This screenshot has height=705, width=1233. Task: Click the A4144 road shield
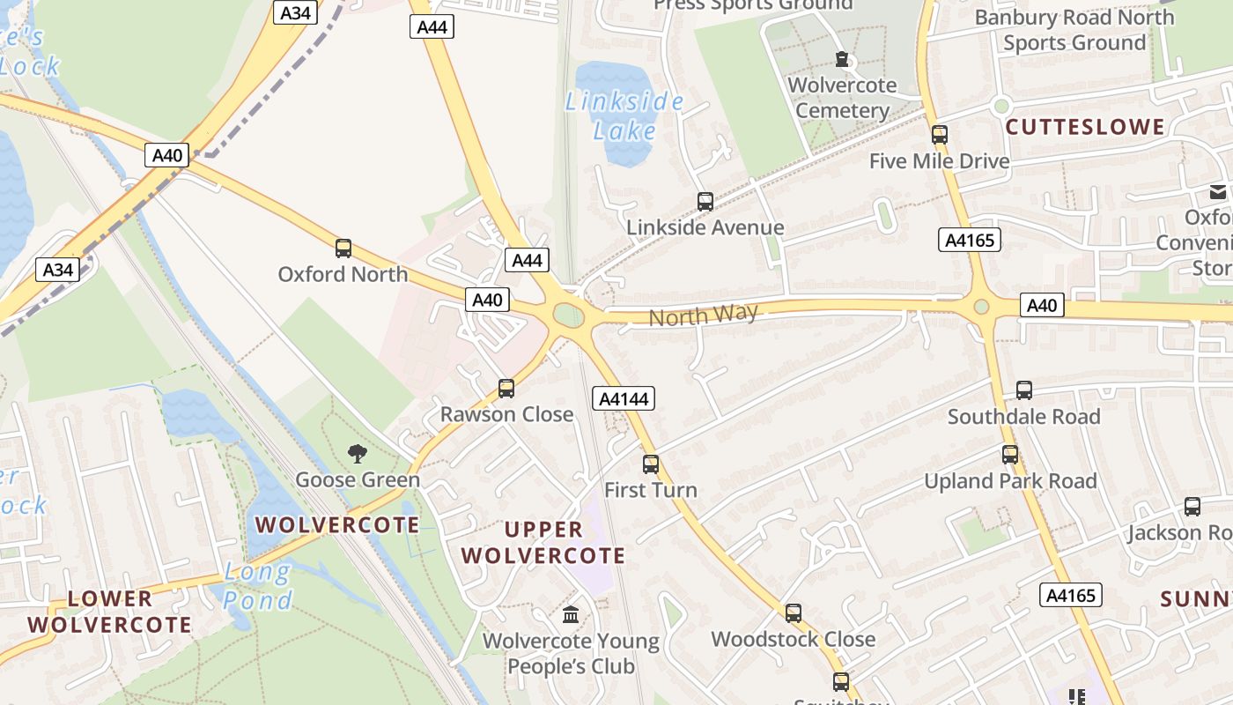point(624,399)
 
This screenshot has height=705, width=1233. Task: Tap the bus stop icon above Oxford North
point(343,249)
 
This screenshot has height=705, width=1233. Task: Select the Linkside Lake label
point(624,116)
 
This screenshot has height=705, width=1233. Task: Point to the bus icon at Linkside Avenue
point(705,202)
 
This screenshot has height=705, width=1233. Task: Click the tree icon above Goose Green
point(357,454)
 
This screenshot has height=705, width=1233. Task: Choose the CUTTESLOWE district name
point(1085,127)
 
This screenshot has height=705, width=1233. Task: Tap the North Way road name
point(703,315)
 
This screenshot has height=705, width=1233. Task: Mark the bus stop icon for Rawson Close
point(506,389)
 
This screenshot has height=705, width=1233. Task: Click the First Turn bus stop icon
point(651,464)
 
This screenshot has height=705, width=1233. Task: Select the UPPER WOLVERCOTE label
point(543,542)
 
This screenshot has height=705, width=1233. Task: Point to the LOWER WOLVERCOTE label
point(109,612)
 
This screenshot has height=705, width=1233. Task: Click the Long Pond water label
point(257,587)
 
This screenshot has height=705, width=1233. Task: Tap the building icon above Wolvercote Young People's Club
point(571,614)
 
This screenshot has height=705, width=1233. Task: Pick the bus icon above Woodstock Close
point(794,613)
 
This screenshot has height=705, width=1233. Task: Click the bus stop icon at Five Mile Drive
point(940,135)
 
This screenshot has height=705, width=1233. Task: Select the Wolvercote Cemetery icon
point(843,60)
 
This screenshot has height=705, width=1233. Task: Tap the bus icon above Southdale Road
point(1024,390)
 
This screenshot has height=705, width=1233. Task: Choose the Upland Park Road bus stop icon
point(1010,455)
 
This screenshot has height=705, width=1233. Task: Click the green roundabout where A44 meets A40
point(569,315)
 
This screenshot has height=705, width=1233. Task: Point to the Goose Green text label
point(358,480)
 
